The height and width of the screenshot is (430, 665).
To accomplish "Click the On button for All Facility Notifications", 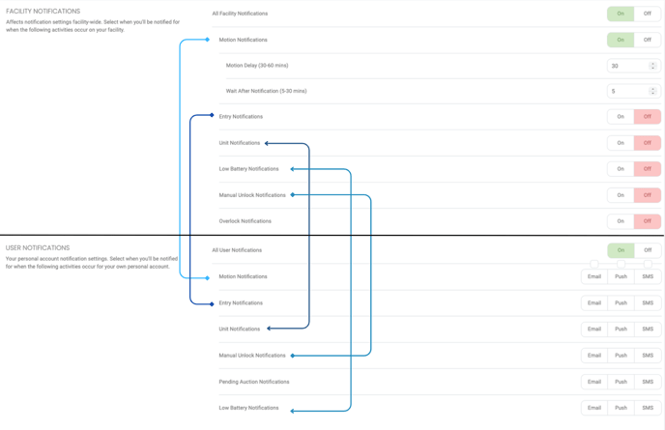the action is click(x=620, y=14).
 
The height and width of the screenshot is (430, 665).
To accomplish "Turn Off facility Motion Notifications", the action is click(x=648, y=40).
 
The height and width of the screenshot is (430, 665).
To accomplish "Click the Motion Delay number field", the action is click(x=633, y=66).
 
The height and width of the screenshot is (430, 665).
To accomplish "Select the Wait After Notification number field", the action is click(x=633, y=91).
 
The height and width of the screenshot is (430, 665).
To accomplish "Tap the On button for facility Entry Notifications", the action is click(x=621, y=117).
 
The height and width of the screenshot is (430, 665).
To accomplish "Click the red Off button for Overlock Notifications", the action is click(x=648, y=221).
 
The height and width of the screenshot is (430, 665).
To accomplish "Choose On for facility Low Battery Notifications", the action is click(x=621, y=169).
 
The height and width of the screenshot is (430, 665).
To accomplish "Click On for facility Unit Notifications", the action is click(x=621, y=143).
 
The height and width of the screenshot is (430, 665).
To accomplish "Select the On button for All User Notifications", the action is click(x=621, y=250).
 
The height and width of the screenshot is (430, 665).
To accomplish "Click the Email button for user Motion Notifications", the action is click(x=594, y=276).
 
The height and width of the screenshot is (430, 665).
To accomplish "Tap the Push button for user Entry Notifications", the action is click(x=621, y=302).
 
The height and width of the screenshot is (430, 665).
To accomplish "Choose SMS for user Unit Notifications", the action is click(x=648, y=330).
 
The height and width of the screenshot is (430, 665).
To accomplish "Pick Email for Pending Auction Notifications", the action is click(x=594, y=382).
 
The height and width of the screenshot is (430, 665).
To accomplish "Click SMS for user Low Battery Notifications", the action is click(x=648, y=408).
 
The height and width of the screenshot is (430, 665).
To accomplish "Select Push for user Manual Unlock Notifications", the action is click(x=621, y=356).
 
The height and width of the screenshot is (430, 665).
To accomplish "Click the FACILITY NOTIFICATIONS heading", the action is click(x=43, y=12).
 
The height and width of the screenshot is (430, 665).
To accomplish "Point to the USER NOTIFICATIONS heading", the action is click(x=38, y=247).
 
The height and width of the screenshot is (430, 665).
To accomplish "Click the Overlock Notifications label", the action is click(x=246, y=221).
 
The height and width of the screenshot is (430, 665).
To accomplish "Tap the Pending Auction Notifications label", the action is click(x=254, y=382).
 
